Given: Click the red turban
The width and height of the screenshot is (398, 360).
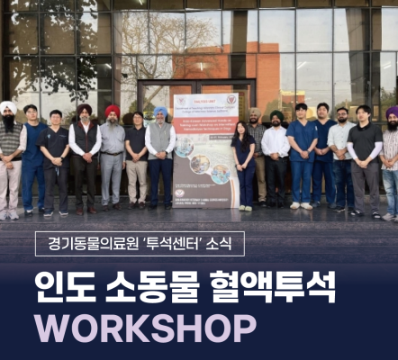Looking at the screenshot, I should click(x=113, y=112).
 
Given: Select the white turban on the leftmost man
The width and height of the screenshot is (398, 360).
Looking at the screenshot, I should click(x=9, y=107).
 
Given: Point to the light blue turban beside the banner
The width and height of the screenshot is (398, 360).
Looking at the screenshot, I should click(x=160, y=112).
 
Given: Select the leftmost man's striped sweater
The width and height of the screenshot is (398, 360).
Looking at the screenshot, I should click(x=9, y=144).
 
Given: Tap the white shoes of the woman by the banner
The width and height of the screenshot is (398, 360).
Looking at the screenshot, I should click(x=244, y=208).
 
